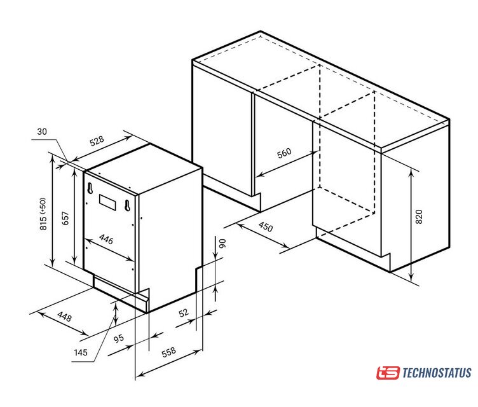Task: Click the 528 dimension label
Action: (x=97, y=141)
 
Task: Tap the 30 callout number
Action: (x=42, y=132)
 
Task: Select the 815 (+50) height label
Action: (x=43, y=214)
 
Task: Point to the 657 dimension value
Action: (x=65, y=219)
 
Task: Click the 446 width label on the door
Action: (x=106, y=240)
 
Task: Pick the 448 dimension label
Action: (x=64, y=317)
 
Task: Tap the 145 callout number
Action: (x=81, y=353)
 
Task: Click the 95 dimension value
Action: (x=119, y=338)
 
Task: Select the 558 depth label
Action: (x=168, y=352)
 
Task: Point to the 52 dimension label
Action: (x=184, y=313)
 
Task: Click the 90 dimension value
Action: (x=222, y=243)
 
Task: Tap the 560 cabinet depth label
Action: (x=284, y=153)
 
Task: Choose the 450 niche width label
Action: (x=266, y=226)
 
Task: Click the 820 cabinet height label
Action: (x=419, y=217)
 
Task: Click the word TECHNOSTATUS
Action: (x=437, y=373)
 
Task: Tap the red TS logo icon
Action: (x=388, y=373)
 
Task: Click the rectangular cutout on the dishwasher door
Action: (x=107, y=202)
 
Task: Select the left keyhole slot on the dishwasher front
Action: (x=90, y=188)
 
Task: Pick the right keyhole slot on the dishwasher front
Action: (x=127, y=205)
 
